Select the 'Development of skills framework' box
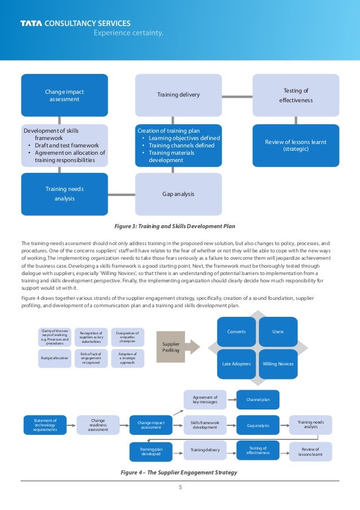click(x=64, y=146)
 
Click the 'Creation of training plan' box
click(x=178, y=146)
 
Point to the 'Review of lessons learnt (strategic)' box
click(x=296, y=146)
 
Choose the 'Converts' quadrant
click(x=236, y=332)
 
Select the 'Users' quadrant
click(x=278, y=332)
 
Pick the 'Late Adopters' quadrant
click(x=236, y=364)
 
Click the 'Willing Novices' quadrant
click(x=278, y=364)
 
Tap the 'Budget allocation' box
click(x=54, y=358)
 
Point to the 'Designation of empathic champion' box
click(x=127, y=337)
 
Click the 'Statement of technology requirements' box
click(x=45, y=425)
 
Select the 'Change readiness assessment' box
click(x=98, y=425)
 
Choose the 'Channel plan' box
click(x=257, y=400)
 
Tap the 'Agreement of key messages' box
click(x=205, y=400)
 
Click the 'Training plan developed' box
click(x=151, y=451)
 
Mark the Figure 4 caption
click(x=179, y=472)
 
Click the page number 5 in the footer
click(x=180, y=489)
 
